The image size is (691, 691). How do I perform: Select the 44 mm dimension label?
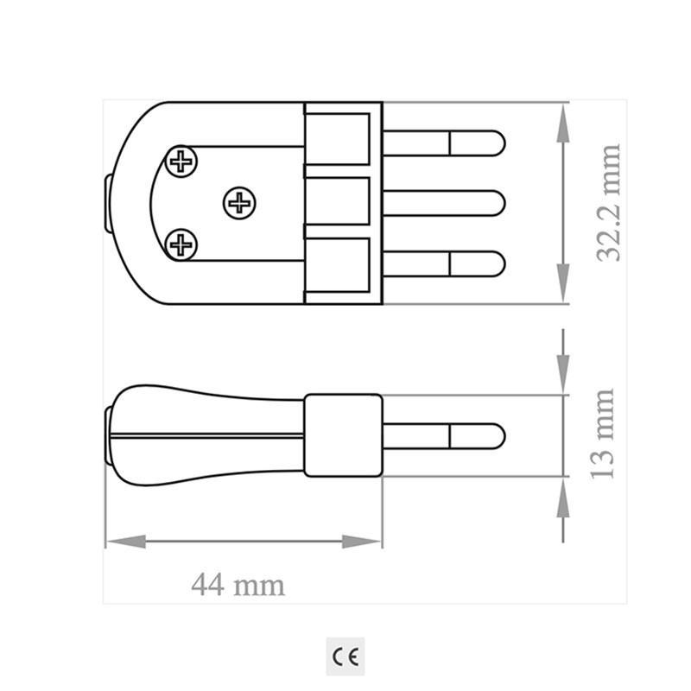(x=238, y=585)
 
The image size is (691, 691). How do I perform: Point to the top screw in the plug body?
(x=181, y=160)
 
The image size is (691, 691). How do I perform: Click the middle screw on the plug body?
(x=239, y=204)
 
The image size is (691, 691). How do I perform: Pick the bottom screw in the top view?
(x=181, y=244)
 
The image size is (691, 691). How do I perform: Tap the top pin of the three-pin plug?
(x=444, y=143)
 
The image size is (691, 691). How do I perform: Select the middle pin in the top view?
(x=444, y=204)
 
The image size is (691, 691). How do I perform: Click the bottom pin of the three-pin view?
(x=444, y=263)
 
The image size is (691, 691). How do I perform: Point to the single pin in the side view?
(x=444, y=434)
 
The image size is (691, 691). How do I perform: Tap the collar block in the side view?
(x=344, y=435)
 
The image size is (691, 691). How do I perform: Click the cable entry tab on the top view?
(x=106, y=204)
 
